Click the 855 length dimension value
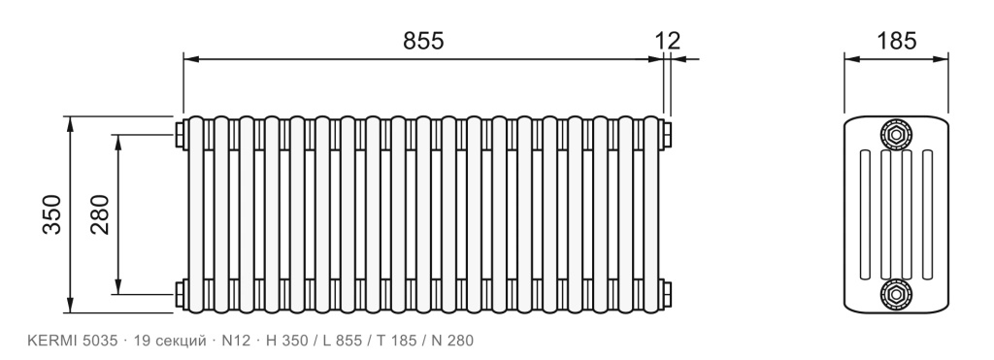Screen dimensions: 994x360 pyautogui.click(x=423, y=41)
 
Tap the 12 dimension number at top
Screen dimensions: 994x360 pyautogui.click(x=668, y=41)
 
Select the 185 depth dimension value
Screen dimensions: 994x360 pyautogui.click(x=896, y=41)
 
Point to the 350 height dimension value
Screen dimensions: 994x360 pyautogui.click(x=52, y=214)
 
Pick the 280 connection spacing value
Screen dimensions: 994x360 pyautogui.click(x=100, y=214)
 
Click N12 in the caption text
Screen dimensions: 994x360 pyautogui.click(x=236, y=341)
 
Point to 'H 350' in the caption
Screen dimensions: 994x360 pyautogui.click(x=287, y=341)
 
